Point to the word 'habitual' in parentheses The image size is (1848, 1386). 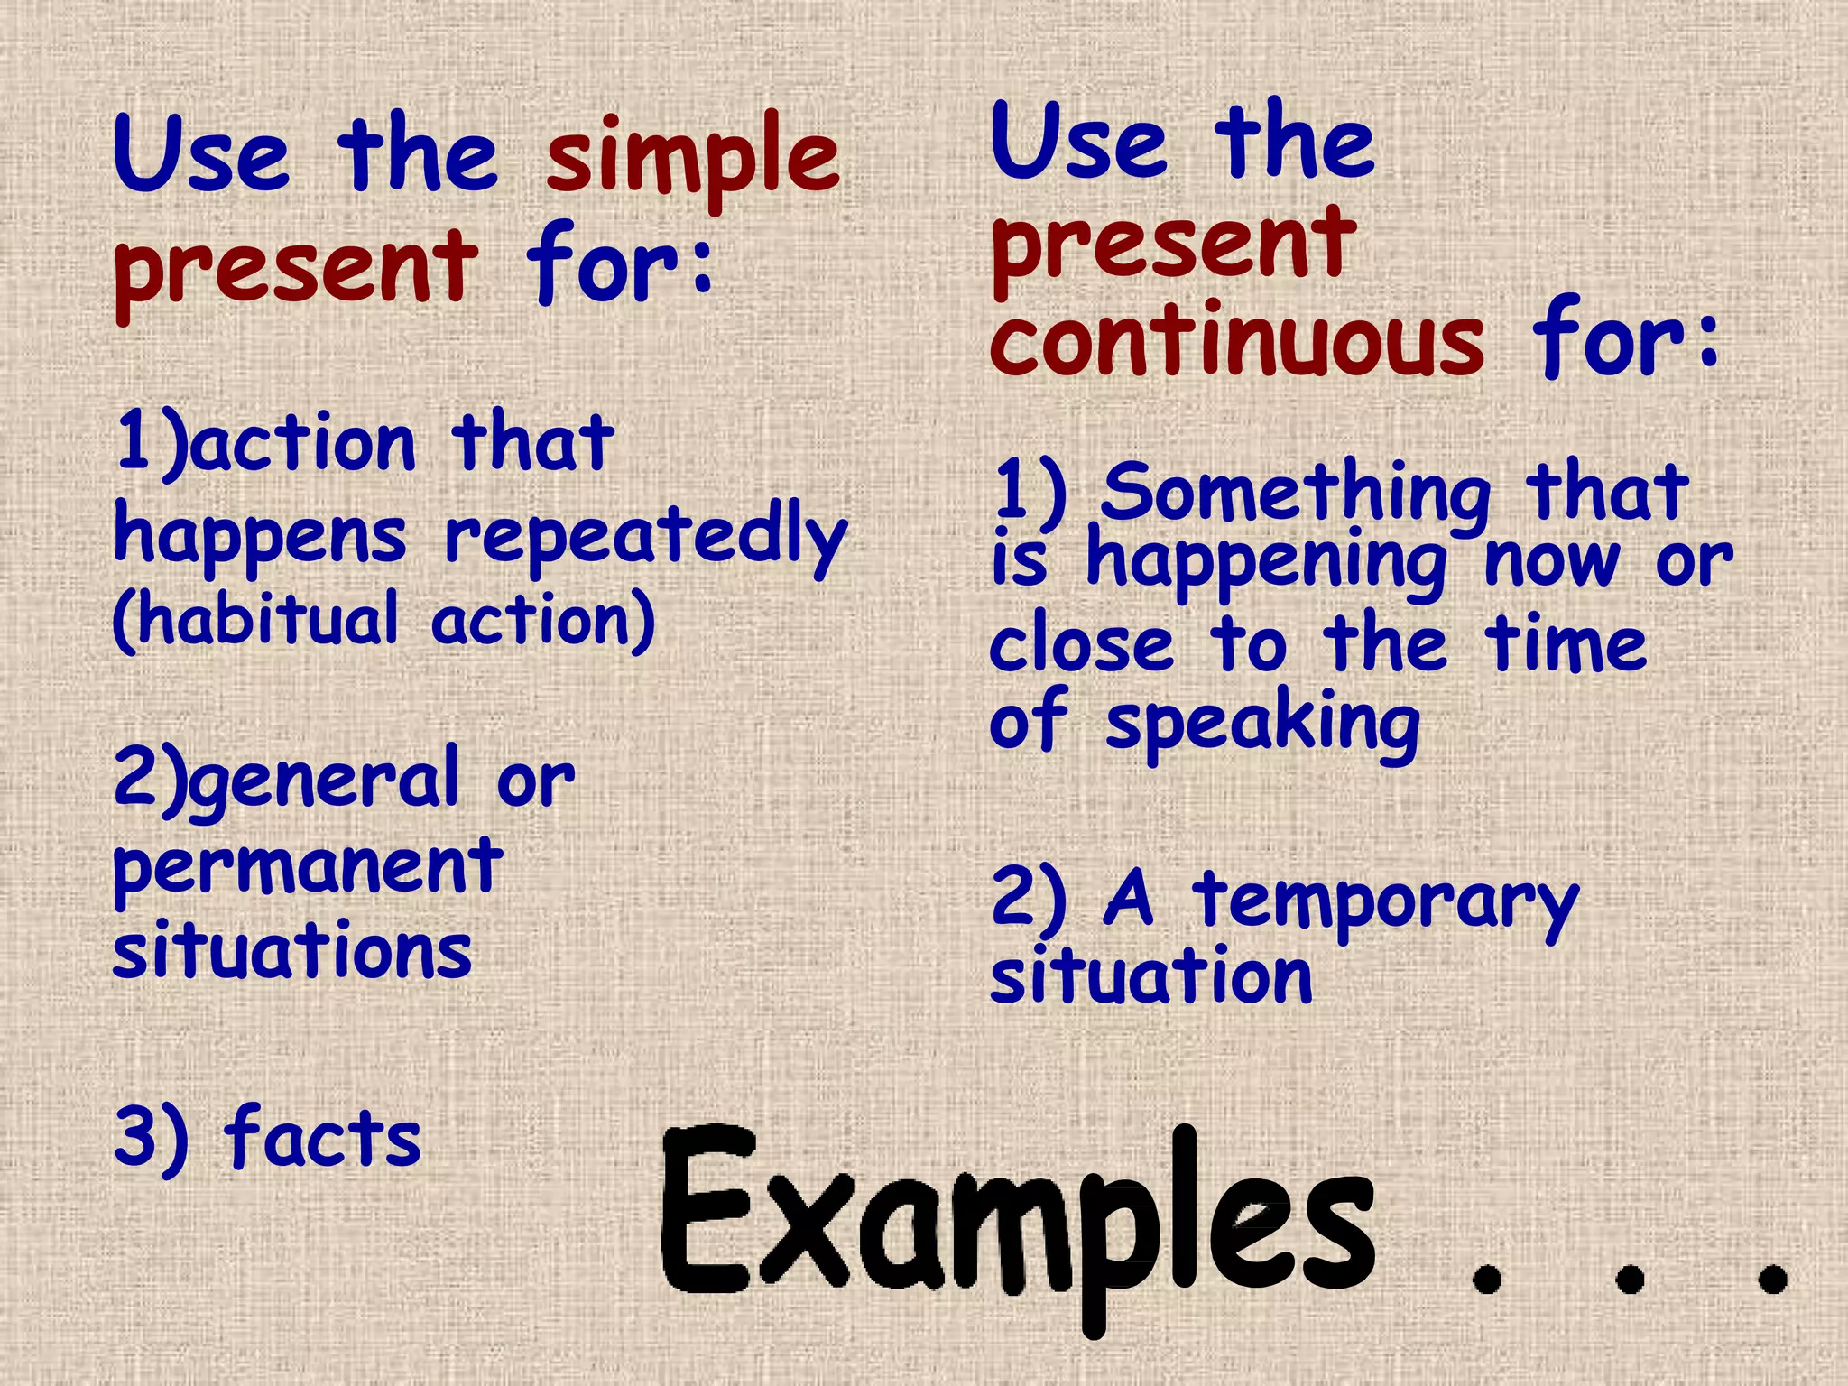tap(267, 620)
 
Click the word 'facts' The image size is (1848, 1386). tap(323, 1137)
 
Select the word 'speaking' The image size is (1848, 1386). tap(1263, 726)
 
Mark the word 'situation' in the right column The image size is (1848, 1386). tap(1150, 976)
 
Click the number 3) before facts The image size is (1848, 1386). tap(151, 1137)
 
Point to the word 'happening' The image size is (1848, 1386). tap(1267, 564)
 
